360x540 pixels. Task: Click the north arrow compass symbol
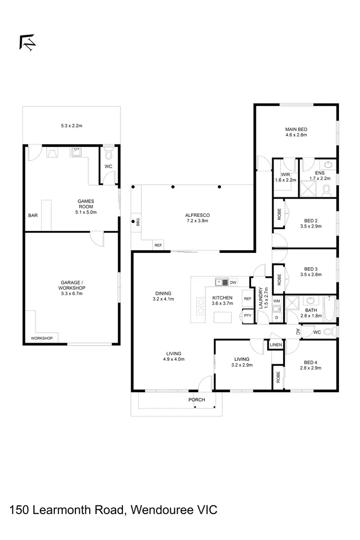pyautogui.click(x=28, y=43)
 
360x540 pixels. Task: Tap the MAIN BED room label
pyautogui.click(x=296, y=130)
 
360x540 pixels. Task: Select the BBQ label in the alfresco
pyautogui.click(x=137, y=222)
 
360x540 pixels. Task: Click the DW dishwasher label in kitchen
pyautogui.click(x=233, y=282)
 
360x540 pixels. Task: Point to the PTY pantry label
pyautogui.click(x=247, y=315)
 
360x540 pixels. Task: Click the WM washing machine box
pyautogui.click(x=276, y=301)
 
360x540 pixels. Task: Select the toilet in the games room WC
pyautogui.click(x=108, y=153)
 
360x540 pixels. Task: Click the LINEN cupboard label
pyautogui.click(x=276, y=345)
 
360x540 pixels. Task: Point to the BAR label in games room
pyautogui.click(x=33, y=216)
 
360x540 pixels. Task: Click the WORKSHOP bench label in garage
pyautogui.click(x=42, y=338)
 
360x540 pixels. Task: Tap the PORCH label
pyautogui.click(x=197, y=399)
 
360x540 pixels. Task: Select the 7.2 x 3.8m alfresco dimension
pyautogui.click(x=198, y=221)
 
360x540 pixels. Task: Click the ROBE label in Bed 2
pyautogui.click(x=279, y=214)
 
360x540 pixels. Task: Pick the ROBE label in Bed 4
pyautogui.click(x=278, y=377)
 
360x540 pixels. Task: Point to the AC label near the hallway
pyautogui.click(x=298, y=331)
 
